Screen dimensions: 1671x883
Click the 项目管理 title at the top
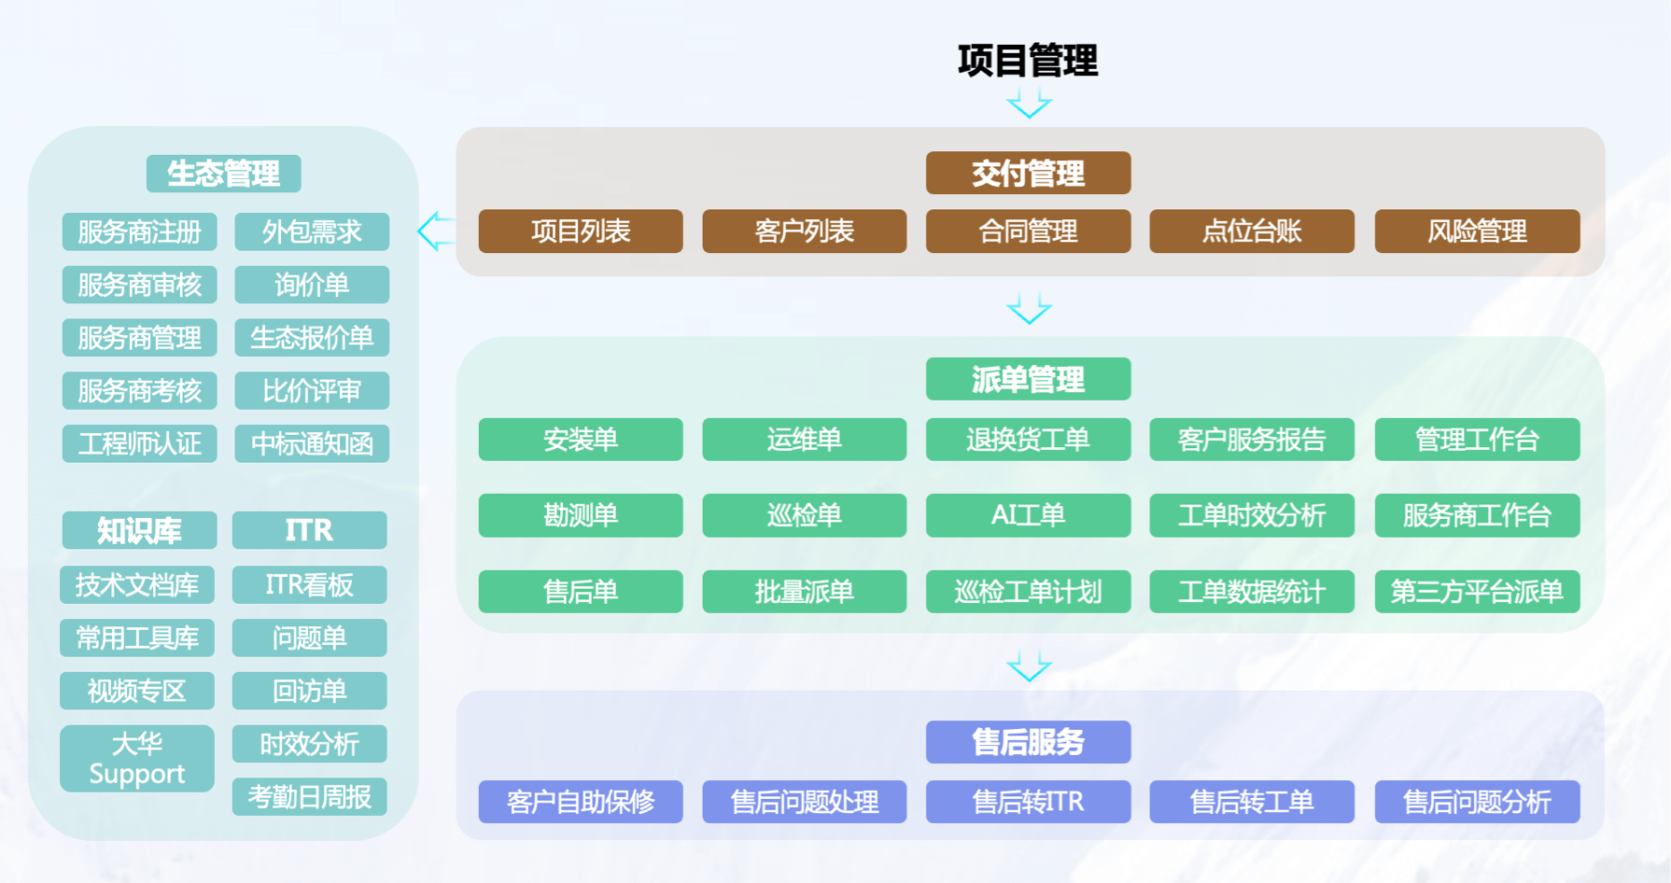[x=1028, y=61]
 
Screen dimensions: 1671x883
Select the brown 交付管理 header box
[x=1028, y=173]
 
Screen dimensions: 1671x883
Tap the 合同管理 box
[x=1028, y=231]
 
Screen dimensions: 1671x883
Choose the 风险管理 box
[x=1477, y=231]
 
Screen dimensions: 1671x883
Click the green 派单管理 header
[x=1028, y=379]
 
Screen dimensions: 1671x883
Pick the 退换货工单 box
[x=1028, y=439]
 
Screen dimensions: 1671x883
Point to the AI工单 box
[x=1028, y=515]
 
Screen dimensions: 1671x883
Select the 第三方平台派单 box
[x=1477, y=591]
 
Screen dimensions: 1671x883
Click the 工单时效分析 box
[x=1252, y=515]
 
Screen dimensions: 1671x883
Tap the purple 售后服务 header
[x=1028, y=742]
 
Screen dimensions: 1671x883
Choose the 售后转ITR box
[x=1028, y=801]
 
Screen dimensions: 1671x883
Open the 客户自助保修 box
[x=581, y=801]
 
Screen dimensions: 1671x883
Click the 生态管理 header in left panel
[x=223, y=174]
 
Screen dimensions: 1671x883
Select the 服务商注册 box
[x=139, y=231]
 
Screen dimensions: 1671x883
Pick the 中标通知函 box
[x=312, y=443]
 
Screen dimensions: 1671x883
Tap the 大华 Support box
[x=137, y=758]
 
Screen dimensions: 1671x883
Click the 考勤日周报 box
[x=309, y=796]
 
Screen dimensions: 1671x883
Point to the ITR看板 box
[x=309, y=584]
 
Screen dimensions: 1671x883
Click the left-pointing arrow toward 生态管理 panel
[x=435, y=231]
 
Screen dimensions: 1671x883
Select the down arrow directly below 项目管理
[x=1029, y=103]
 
